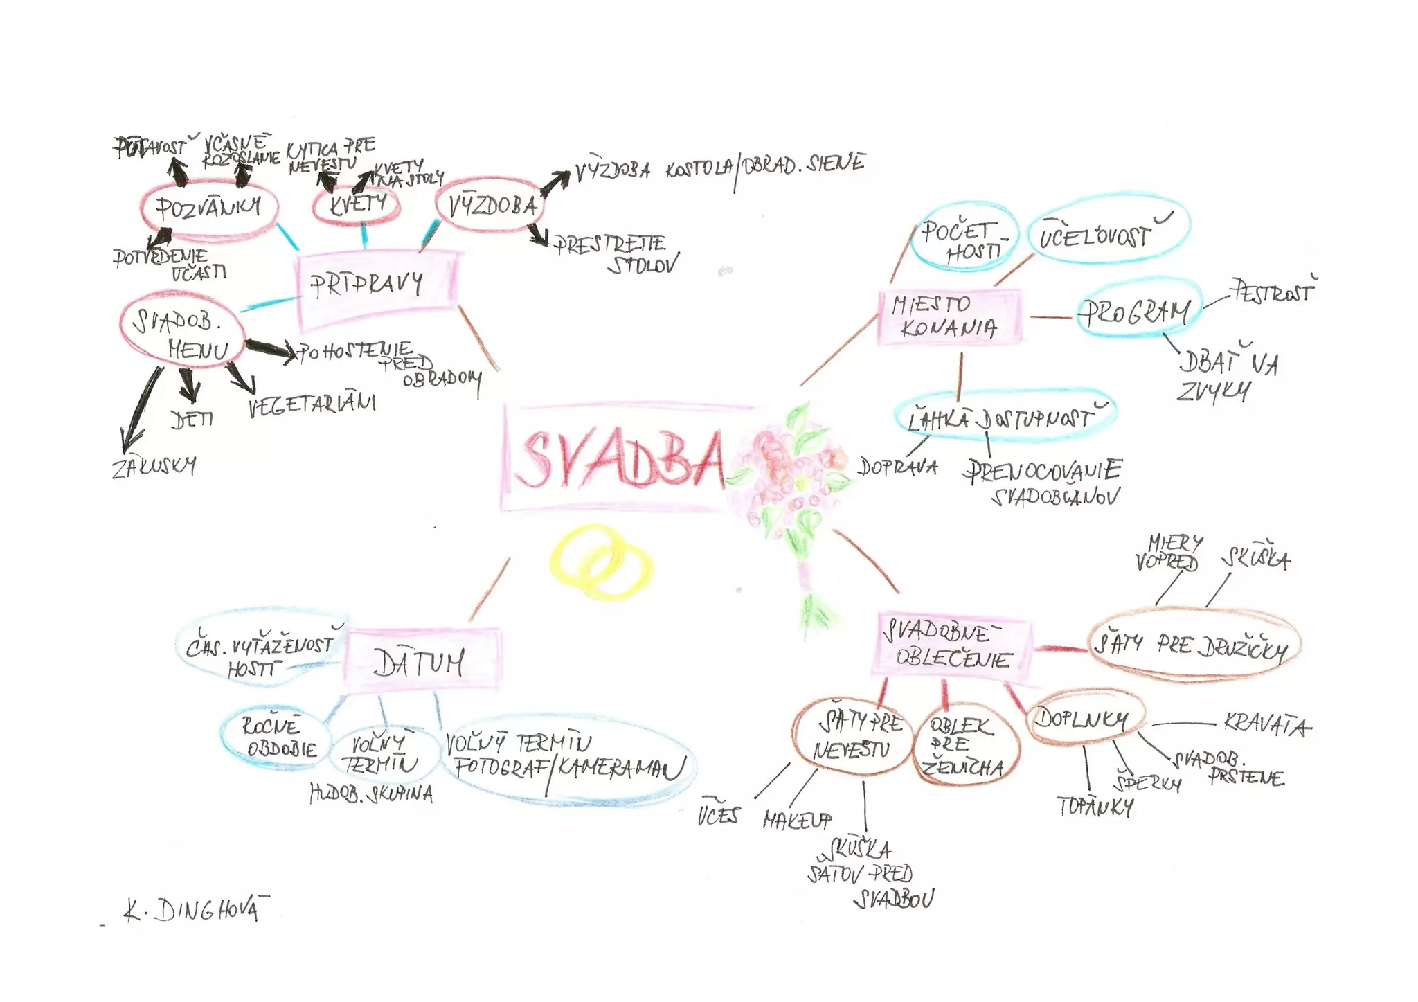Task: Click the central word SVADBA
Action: (x=620, y=458)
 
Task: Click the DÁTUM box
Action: (x=421, y=661)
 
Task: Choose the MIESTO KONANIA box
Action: (x=949, y=316)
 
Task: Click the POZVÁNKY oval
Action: (x=209, y=208)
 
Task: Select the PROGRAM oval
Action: (x=1138, y=311)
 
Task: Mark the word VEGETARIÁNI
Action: (x=312, y=404)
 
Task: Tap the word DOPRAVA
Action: (x=898, y=467)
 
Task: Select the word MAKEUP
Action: (x=796, y=821)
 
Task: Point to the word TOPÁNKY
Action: (x=1095, y=807)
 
